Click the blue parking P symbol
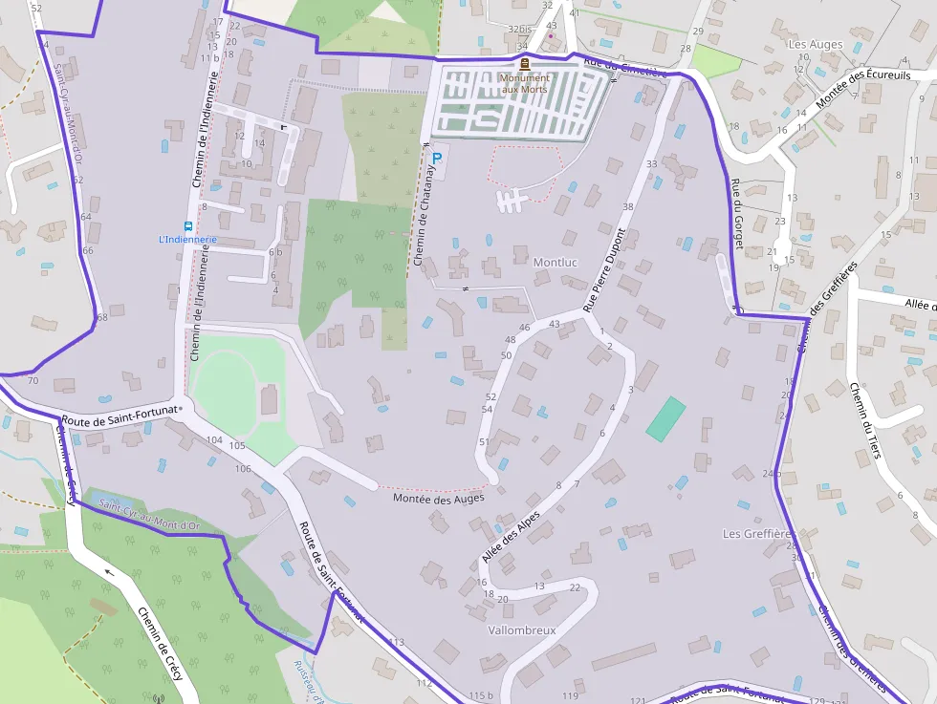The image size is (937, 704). [x=438, y=157]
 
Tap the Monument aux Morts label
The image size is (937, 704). [x=525, y=83]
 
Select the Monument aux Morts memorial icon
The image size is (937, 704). [x=525, y=63]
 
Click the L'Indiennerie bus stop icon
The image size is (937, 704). [x=188, y=226]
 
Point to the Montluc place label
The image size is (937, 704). [x=556, y=262]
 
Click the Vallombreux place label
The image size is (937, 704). [x=521, y=630]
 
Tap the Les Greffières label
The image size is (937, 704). [x=758, y=533]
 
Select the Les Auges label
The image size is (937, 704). [x=816, y=44]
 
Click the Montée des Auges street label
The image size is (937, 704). [x=439, y=498]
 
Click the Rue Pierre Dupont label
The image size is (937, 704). [x=604, y=270]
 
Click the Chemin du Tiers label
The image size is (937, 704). [x=864, y=420]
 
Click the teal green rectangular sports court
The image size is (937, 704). [x=665, y=418]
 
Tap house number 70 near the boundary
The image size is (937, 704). [x=33, y=381]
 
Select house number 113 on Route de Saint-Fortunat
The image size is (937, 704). [x=397, y=642]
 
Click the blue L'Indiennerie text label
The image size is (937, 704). [x=188, y=240]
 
